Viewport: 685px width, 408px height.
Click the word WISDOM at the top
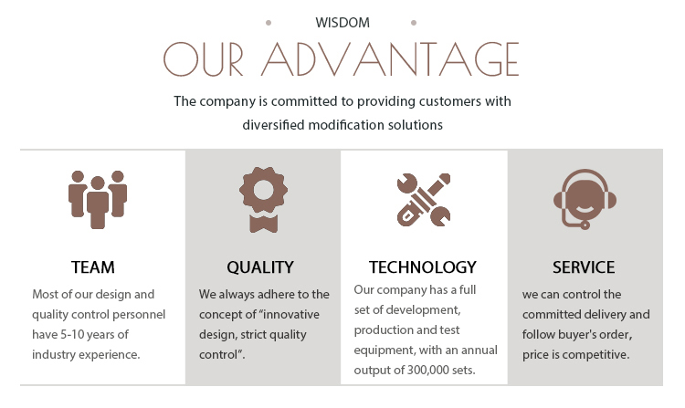(342, 23)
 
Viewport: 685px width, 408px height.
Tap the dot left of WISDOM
(269, 23)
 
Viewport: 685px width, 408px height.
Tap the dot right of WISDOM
(413, 23)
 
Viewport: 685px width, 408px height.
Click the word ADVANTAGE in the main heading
(390, 59)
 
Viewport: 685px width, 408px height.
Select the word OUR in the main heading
(203, 59)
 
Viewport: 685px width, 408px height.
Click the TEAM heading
(93, 267)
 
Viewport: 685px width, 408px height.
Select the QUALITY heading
(260, 267)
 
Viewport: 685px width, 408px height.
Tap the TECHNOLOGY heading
(423, 267)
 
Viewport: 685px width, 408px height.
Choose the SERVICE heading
(584, 267)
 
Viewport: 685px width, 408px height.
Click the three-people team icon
(98, 199)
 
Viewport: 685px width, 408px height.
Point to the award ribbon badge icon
(263, 199)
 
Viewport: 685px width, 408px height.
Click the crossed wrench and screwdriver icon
(424, 199)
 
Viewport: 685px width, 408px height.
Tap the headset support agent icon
(585, 199)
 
